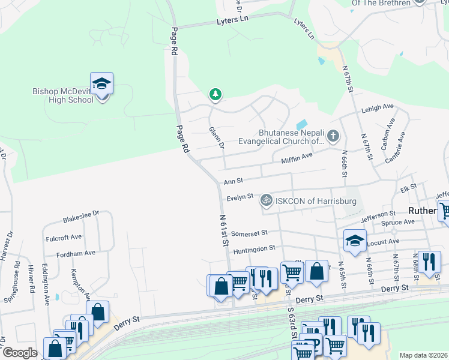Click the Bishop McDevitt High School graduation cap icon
click(x=101, y=84)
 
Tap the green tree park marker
click(x=215, y=94)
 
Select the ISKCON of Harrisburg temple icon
click(x=266, y=200)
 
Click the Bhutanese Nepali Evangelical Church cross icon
click(x=333, y=137)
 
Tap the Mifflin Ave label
click(x=297, y=157)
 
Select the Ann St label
click(x=233, y=181)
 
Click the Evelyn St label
click(x=240, y=197)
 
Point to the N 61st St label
click(x=224, y=231)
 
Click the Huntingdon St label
click(x=254, y=248)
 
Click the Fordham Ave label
click(x=76, y=253)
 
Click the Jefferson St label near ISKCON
click(x=378, y=213)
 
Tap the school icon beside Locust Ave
click(x=355, y=241)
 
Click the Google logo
click(x=20, y=353)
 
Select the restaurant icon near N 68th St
click(x=429, y=262)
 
